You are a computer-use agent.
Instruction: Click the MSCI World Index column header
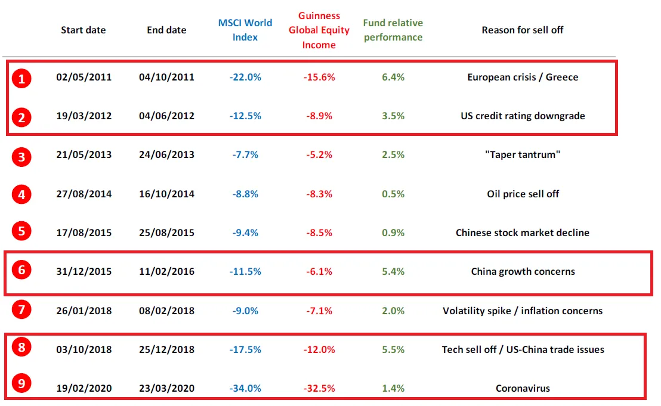point(245,30)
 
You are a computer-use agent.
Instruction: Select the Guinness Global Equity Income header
point(319,30)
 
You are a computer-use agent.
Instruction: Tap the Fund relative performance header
point(393,30)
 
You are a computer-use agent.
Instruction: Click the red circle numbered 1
point(22,78)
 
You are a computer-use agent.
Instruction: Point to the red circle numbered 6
point(22,270)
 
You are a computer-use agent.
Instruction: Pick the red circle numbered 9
point(22,384)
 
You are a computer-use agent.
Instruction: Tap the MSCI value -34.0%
point(245,388)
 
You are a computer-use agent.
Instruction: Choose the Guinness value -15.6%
point(319,78)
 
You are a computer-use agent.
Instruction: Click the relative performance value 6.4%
point(393,78)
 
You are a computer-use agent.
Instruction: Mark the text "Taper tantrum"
point(523,155)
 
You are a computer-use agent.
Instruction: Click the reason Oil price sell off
point(523,194)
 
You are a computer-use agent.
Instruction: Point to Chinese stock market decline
point(523,233)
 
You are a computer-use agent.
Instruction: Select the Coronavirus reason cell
point(523,388)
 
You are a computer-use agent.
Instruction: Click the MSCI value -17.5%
point(245,349)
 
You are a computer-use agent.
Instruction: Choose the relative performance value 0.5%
point(393,194)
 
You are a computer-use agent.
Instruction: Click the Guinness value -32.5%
point(319,388)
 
